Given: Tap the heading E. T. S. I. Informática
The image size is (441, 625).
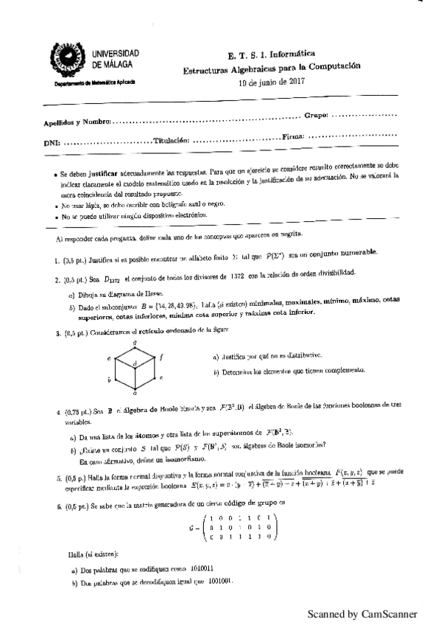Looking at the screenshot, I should tap(267, 55).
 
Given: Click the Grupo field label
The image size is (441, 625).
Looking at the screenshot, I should tap(316, 116).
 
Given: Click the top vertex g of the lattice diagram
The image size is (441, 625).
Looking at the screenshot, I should tap(134, 343).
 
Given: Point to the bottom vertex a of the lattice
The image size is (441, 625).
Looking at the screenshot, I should tap(134, 396).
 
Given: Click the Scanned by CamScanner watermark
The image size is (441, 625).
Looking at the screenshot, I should tap(362, 613).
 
